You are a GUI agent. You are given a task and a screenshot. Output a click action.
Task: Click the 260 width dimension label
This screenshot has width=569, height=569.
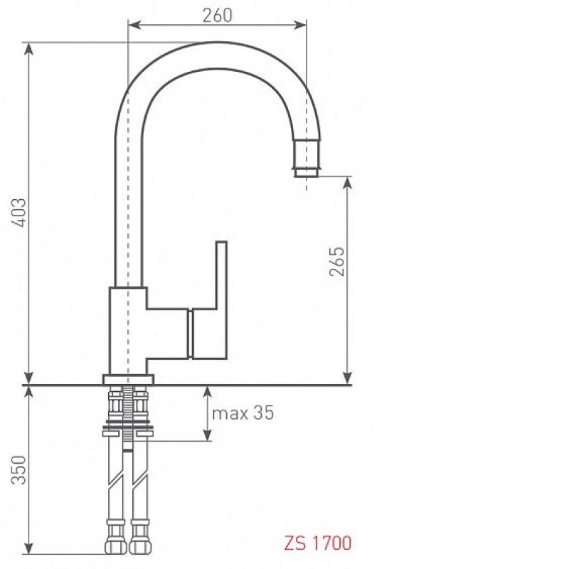217,15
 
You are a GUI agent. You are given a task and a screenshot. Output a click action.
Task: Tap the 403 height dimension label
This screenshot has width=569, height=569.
19,213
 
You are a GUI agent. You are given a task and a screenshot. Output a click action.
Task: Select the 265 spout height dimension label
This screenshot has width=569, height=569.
336,261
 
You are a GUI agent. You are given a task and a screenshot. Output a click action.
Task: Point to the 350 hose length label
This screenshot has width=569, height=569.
19,470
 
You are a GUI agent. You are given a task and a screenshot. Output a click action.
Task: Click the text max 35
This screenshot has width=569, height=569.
243,413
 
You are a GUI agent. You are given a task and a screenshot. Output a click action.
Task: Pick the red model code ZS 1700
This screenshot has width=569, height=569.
317,543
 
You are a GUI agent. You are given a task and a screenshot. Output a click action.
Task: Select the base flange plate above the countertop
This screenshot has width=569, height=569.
128,379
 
